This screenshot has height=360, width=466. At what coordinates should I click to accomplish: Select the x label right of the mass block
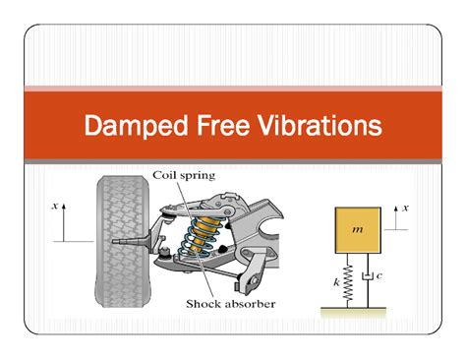tap(405, 208)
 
